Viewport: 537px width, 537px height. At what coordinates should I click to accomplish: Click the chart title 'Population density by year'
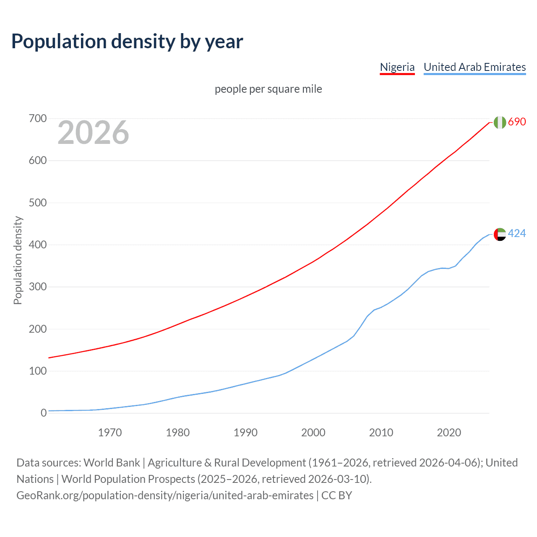(x=127, y=42)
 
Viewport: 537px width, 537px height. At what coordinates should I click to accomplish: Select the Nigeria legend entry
(x=397, y=67)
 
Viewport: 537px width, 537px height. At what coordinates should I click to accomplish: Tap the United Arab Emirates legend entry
(x=474, y=67)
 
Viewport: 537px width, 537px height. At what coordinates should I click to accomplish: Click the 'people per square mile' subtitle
(x=268, y=89)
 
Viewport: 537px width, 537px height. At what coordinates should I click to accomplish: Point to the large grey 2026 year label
(x=93, y=133)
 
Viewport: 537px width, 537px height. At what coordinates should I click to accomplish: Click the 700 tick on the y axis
(x=38, y=119)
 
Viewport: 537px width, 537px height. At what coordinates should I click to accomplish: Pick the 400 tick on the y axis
(x=38, y=245)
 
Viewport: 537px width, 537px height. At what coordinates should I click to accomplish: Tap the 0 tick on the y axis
(x=44, y=413)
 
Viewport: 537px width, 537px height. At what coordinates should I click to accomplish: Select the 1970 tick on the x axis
(x=110, y=433)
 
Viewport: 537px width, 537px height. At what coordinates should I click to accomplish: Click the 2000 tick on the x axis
(x=313, y=433)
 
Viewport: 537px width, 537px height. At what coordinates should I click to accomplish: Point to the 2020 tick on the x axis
(x=449, y=433)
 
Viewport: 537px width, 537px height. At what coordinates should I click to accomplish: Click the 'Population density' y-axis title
(x=18, y=260)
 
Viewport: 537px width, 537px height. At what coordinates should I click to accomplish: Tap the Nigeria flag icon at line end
(x=500, y=122)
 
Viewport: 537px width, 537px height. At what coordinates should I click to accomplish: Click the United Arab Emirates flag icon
(x=500, y=234)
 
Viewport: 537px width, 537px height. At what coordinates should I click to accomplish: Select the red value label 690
(x=517, y=122)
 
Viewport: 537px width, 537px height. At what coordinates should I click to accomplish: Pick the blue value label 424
(x=517, y=233)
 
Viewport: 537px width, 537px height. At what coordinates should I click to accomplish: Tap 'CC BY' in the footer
(x=336, y=495)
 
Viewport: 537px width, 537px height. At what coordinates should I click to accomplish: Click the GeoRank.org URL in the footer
(x=165, y=495)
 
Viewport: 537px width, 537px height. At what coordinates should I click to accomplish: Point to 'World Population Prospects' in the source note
(x=128, y=479)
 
